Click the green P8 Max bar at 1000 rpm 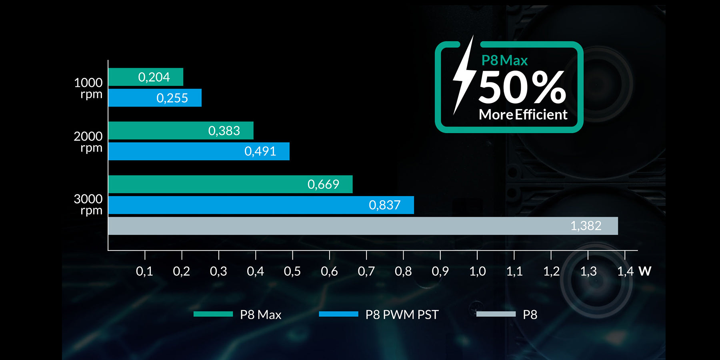tap(146, 77)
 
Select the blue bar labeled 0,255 tap(155, 98)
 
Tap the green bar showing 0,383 tap(181, 130)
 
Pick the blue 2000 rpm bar tap(199, 151)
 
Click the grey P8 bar tap(363, 226)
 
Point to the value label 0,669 tap(323, 184)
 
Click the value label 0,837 tap(384, 205)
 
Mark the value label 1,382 tap(586, 226)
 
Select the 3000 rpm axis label tap(88, 204)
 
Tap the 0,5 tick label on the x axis tap(292, 272)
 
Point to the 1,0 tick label tap(477, 272)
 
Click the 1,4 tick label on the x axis tap(625, 272)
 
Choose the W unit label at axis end tap(645, 271)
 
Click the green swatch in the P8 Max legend tap(213, 314)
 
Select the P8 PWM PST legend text tap(402, 315)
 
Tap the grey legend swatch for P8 tap(496, 314)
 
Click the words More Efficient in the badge tap(523, 115)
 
